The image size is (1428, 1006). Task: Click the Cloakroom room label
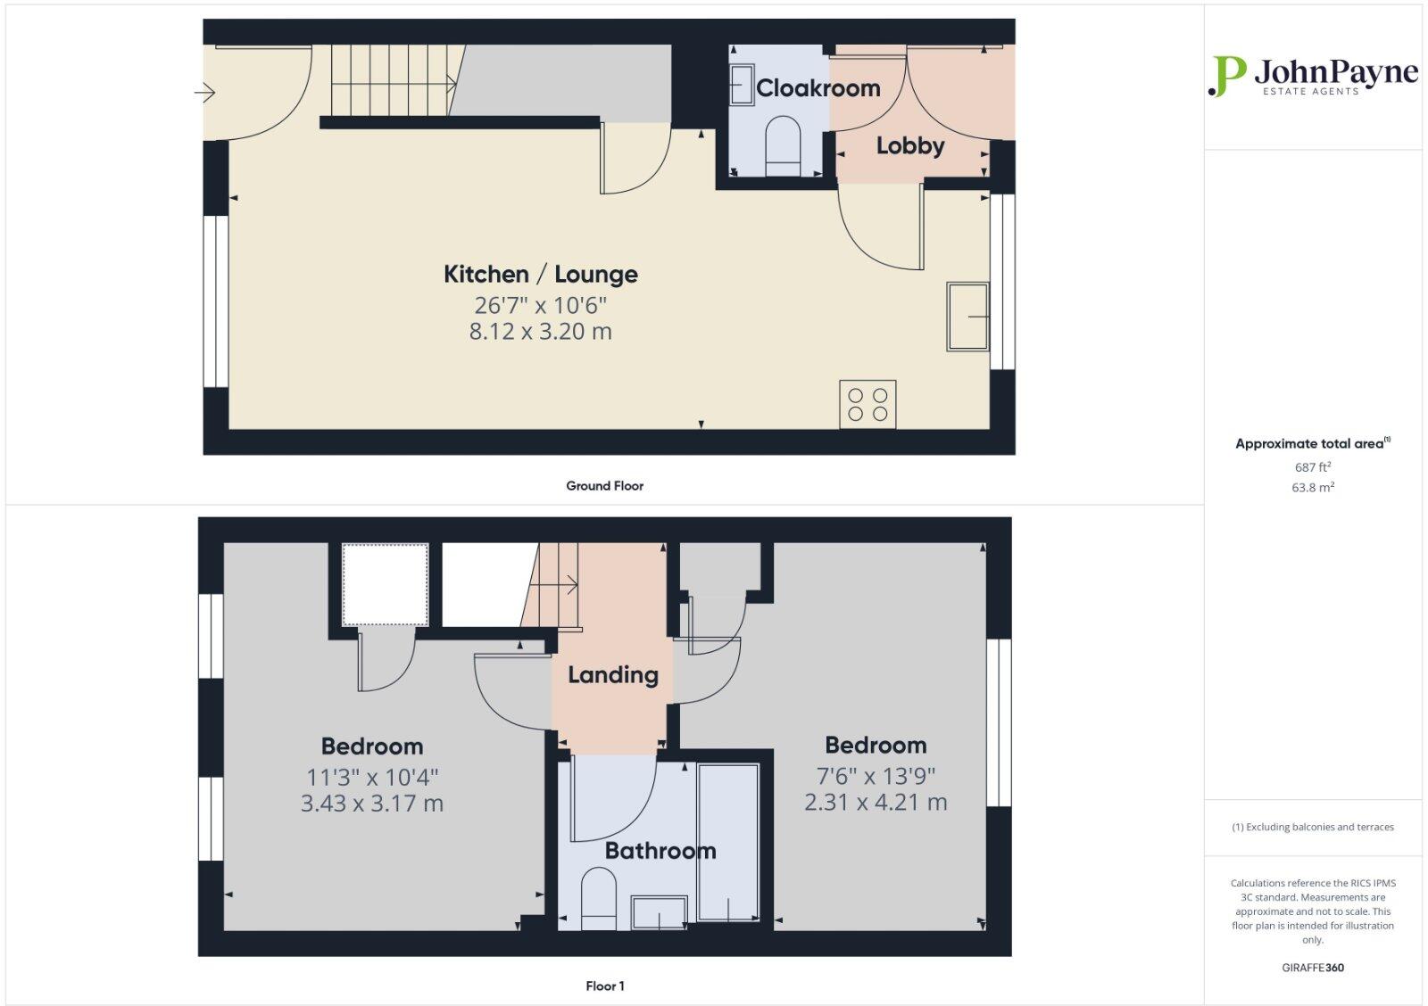818,88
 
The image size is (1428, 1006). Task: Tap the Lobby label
909,145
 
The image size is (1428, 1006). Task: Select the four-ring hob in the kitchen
868,404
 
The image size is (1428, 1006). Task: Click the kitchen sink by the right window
968,317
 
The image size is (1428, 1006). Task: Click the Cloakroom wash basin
742,86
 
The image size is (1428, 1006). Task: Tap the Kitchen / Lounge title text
540,274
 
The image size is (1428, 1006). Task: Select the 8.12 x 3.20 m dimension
540,332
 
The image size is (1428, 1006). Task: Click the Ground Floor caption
604,486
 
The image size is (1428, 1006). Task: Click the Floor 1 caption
604,985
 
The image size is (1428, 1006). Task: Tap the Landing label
613,675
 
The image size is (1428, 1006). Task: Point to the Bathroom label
660,851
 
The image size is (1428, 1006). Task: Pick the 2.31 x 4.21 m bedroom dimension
875,803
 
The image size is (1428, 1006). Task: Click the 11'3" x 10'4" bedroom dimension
372,777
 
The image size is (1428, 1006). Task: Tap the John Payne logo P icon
1227,76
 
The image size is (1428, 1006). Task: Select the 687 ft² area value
1312,467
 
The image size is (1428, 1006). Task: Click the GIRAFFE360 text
1312,968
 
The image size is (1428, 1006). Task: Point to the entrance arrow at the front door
205,92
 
